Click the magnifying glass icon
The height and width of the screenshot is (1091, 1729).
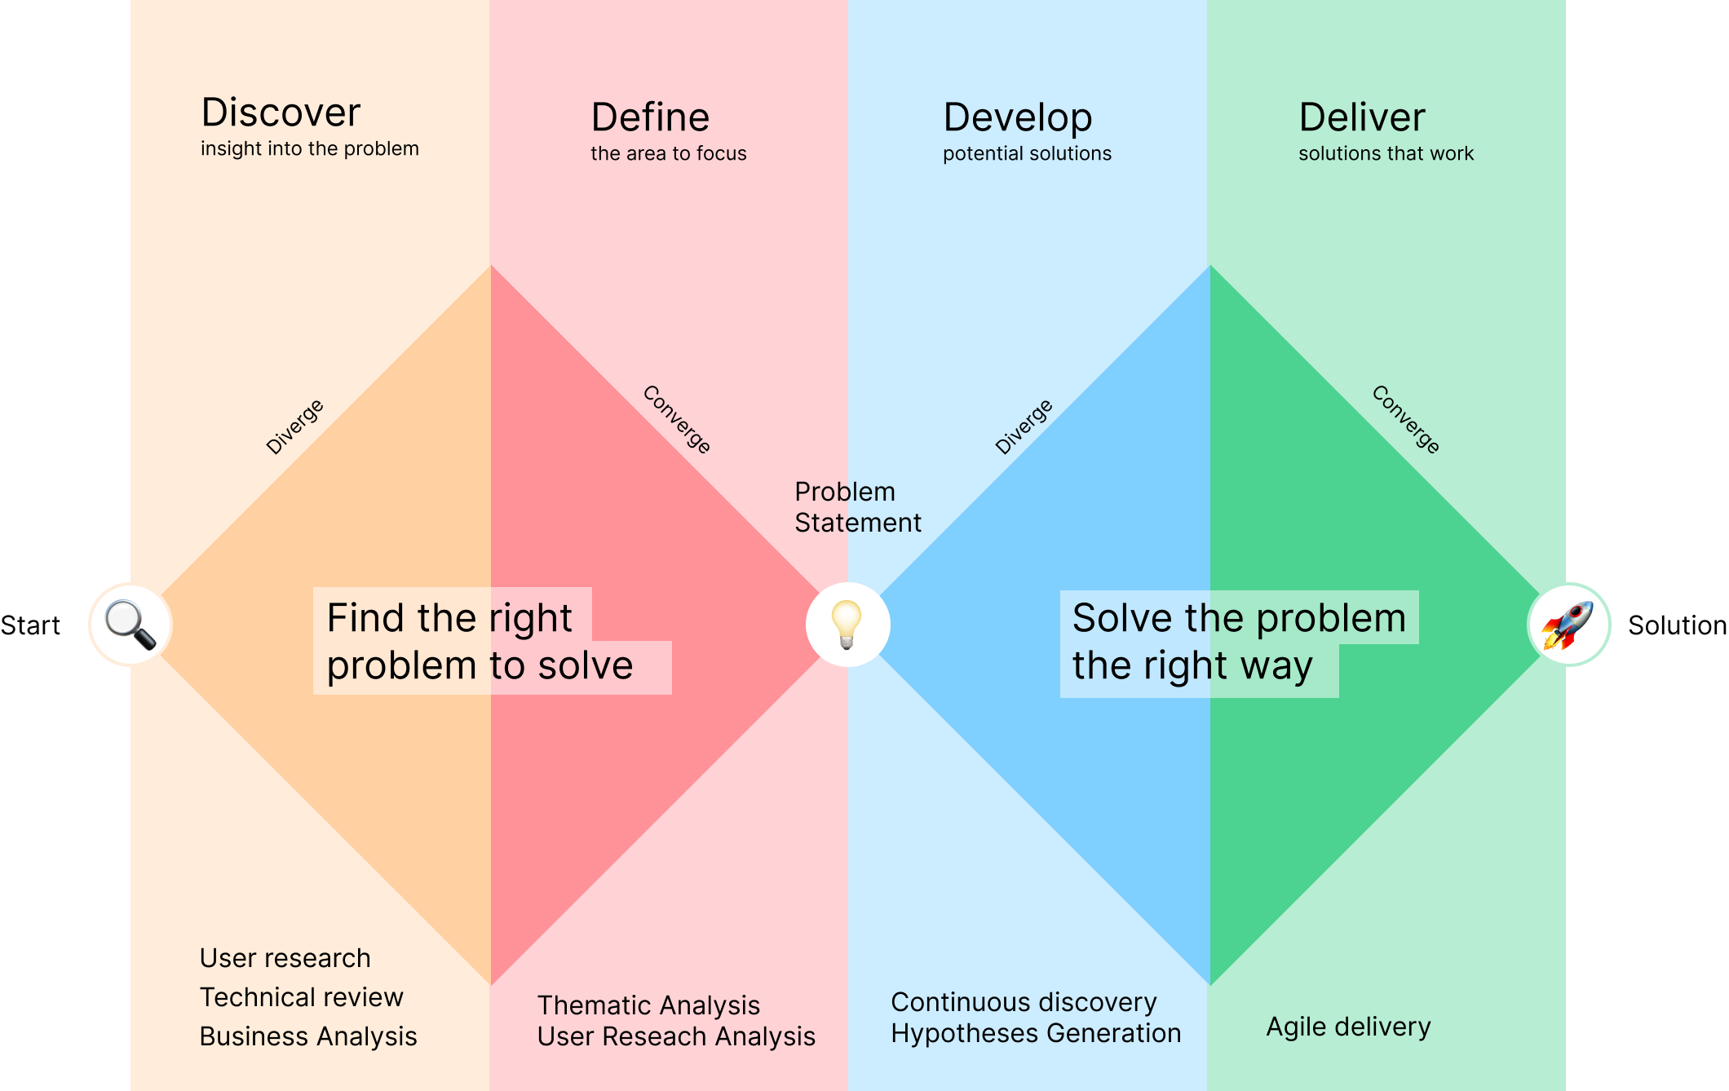(130, 625)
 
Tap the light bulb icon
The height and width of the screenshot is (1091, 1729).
(847, 625)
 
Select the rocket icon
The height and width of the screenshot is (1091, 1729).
(1568, 625)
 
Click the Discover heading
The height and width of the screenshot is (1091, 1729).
(281, 113)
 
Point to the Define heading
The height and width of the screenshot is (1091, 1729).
(650, 117)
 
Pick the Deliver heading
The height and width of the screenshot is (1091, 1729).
(1362, 117)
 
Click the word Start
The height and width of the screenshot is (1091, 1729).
(30, 625)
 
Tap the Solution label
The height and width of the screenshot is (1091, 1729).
(1678, 625)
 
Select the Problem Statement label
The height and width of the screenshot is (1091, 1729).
(858, 507)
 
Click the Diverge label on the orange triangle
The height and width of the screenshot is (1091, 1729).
(294, 426)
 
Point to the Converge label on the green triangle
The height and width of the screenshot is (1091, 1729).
(1406, 419)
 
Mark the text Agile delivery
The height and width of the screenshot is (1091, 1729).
(1348, 1027)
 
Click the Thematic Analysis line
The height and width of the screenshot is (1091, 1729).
(648, 1005)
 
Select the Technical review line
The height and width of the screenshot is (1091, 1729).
(301, 997)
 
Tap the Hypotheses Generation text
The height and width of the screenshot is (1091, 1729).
(1036, 1034)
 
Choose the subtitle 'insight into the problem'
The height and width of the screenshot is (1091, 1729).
(310, 148)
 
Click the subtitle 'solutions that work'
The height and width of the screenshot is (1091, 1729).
(1386, 153)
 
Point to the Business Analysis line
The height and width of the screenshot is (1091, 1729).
(308, 1036)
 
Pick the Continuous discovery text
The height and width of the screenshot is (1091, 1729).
(1024, 1002)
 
